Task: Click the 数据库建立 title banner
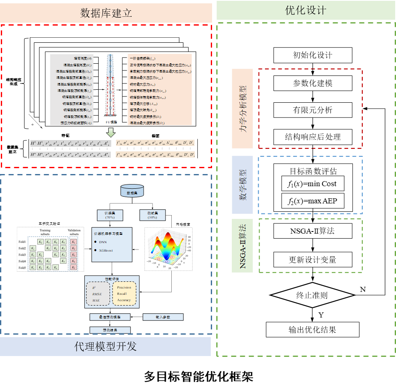click(x=106, y=13)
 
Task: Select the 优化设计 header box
click(x=305, y=10)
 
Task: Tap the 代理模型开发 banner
click(x=105, y=346)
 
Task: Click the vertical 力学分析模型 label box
click(x=242, y=109)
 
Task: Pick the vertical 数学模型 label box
click(x=242, y=185)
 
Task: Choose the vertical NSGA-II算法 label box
click(x=242, y=246)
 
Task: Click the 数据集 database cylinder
click(x=132, y=191)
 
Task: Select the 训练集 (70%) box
click(x=110, y=215)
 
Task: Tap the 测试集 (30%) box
click(x=152, y=215)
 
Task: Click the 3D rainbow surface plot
click(x=168, y=249)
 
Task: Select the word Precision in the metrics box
click(x=124, y=287)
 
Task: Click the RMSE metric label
click(x=97, y=294)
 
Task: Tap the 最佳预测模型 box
click(x=110, y=317)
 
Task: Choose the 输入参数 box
click(x=163, y=317)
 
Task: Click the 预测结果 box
click(x=110, y=330)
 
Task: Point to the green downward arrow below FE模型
click(x=110, y=133)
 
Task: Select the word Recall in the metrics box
click(x=122, y=294)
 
